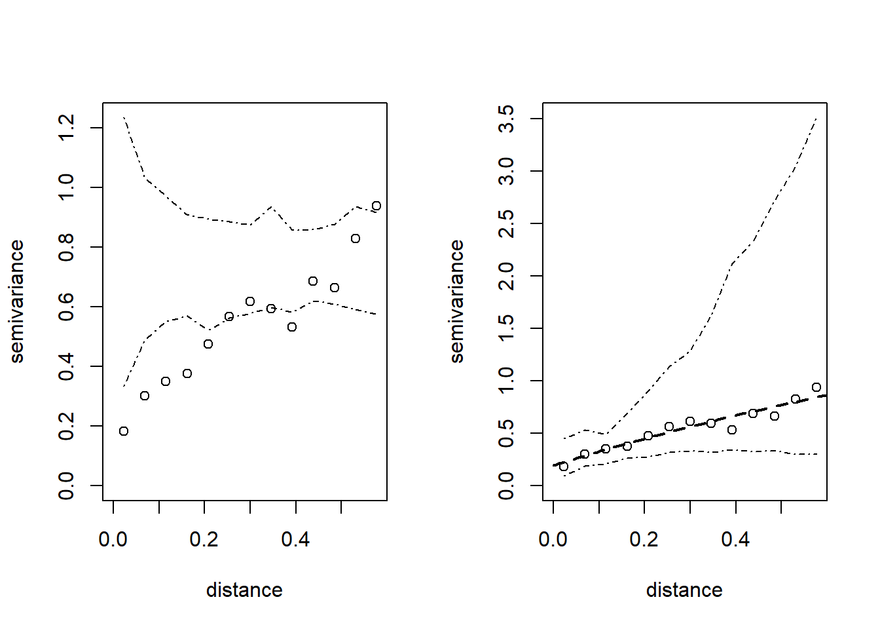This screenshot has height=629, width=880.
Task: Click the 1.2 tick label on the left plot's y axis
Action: click(66, 128)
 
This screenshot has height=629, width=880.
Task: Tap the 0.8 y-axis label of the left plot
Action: click(66, 247)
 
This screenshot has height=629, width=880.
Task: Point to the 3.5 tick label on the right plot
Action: click(506, 119)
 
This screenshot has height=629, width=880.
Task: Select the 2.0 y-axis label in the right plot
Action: click(506, 276)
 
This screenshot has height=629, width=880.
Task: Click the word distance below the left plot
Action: click(244, 590)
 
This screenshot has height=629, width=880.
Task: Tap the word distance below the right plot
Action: click(684, 590)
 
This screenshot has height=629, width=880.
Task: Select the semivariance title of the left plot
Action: click(16, 301)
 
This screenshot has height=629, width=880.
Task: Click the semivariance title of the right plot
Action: click(456, 301)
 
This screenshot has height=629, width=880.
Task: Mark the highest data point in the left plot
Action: click(376, 206)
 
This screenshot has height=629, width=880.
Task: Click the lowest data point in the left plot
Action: click(124, 431)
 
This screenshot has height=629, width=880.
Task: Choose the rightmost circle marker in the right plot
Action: click(816, 387)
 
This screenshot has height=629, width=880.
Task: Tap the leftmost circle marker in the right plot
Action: click(564, 467)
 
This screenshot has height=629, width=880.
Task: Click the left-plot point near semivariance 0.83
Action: click(356, 238)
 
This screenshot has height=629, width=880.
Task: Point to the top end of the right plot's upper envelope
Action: click(816, 119)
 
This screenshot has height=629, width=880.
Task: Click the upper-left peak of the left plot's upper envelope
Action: click(124, 117)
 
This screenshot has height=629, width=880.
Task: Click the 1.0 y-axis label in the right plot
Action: click(506, 381)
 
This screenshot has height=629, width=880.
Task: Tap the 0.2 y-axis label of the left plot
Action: click(66, 426)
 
